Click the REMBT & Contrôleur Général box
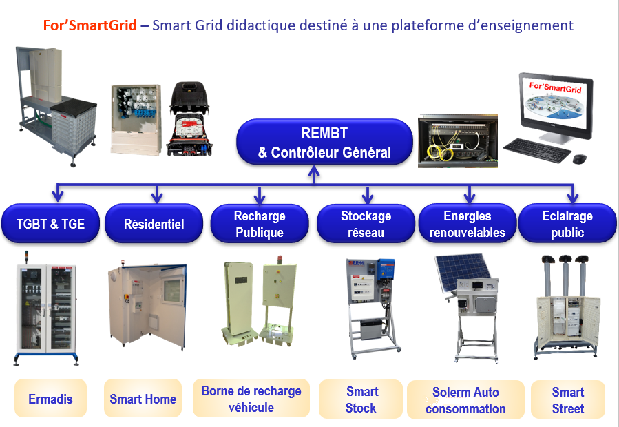[324, 143]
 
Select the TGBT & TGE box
[50, 224]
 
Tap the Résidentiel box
[154, 224]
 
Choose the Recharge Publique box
[259, 224]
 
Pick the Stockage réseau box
[365, 224]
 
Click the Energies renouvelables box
[467, 224]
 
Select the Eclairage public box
[567, 224]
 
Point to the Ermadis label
[50, 399]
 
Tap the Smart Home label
[143, 399]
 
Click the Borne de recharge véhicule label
[251, 399]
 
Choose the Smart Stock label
[361, 399]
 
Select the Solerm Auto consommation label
[465, 400]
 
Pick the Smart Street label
[567, 399]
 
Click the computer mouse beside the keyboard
[579, 158]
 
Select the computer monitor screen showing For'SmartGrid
[554, 107]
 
